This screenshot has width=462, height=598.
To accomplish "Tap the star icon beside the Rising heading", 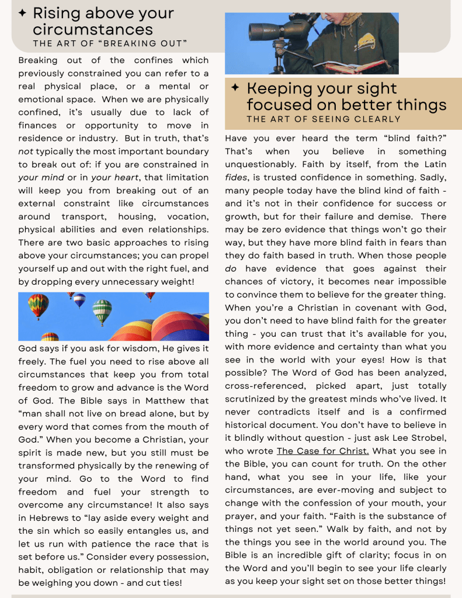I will coord(23,13).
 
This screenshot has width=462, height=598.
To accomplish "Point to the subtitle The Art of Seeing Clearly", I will coord(324,119).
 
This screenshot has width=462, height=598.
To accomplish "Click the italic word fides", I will coord(235,177).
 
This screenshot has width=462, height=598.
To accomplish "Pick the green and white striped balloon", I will coord(102,310).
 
